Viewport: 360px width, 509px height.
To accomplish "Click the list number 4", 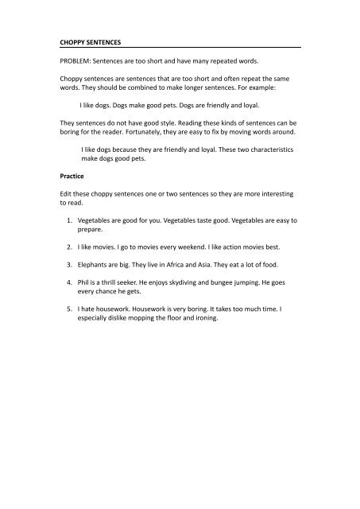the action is [70, 282].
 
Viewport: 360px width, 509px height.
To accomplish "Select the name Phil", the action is [85, 282].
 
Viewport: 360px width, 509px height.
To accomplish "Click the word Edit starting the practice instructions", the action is [68, 193].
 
